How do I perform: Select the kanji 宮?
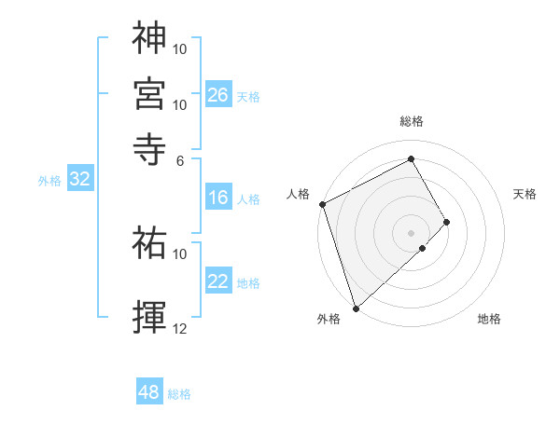point(149,93)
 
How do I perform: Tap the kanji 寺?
point(149,147)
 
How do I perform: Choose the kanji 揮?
point(149,316)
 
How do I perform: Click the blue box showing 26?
point(217,94)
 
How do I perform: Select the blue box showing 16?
point(217,198)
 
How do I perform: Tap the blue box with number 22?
point(217,281)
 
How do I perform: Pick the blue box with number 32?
point(79,180)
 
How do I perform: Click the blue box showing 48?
point(148,392)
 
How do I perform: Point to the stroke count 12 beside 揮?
point(180,329)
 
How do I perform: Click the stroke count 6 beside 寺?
point(180,159)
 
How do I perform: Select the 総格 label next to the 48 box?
point(179,393)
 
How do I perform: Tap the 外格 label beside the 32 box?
point(49,181)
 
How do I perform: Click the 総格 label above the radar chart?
point(412,121)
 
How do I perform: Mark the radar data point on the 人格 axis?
point(322,204)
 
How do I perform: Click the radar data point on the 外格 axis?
point(356,307)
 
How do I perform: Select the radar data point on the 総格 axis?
point(412,158)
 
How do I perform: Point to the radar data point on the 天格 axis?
point(447,222)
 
